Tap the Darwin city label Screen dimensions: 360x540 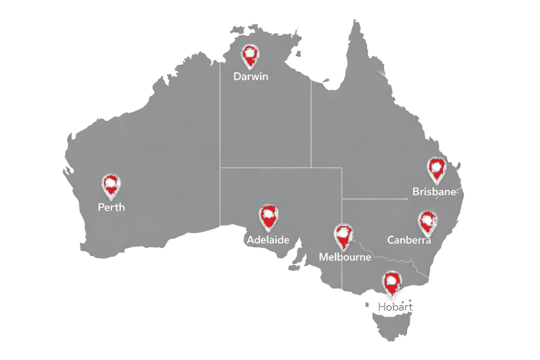[x=250, y=76]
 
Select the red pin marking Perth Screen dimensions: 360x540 [x=111, y=184]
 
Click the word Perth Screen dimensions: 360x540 [x=111, y=207]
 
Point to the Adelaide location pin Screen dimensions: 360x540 [x=269, y=217]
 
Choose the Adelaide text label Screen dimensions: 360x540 [x=268, y=240]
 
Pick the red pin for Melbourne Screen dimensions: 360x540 [x=344, y=236]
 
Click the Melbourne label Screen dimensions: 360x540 [x=344, y=257]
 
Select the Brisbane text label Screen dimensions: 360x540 [x=435, y=192]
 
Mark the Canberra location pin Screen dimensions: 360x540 [x=427, y=221]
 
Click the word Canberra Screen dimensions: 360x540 [x=409, y=240]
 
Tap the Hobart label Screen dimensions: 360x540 [x=396, y=307]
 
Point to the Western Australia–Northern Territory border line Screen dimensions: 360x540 [x=219, y=135]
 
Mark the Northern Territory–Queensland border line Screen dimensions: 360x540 [x=310, y=122]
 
